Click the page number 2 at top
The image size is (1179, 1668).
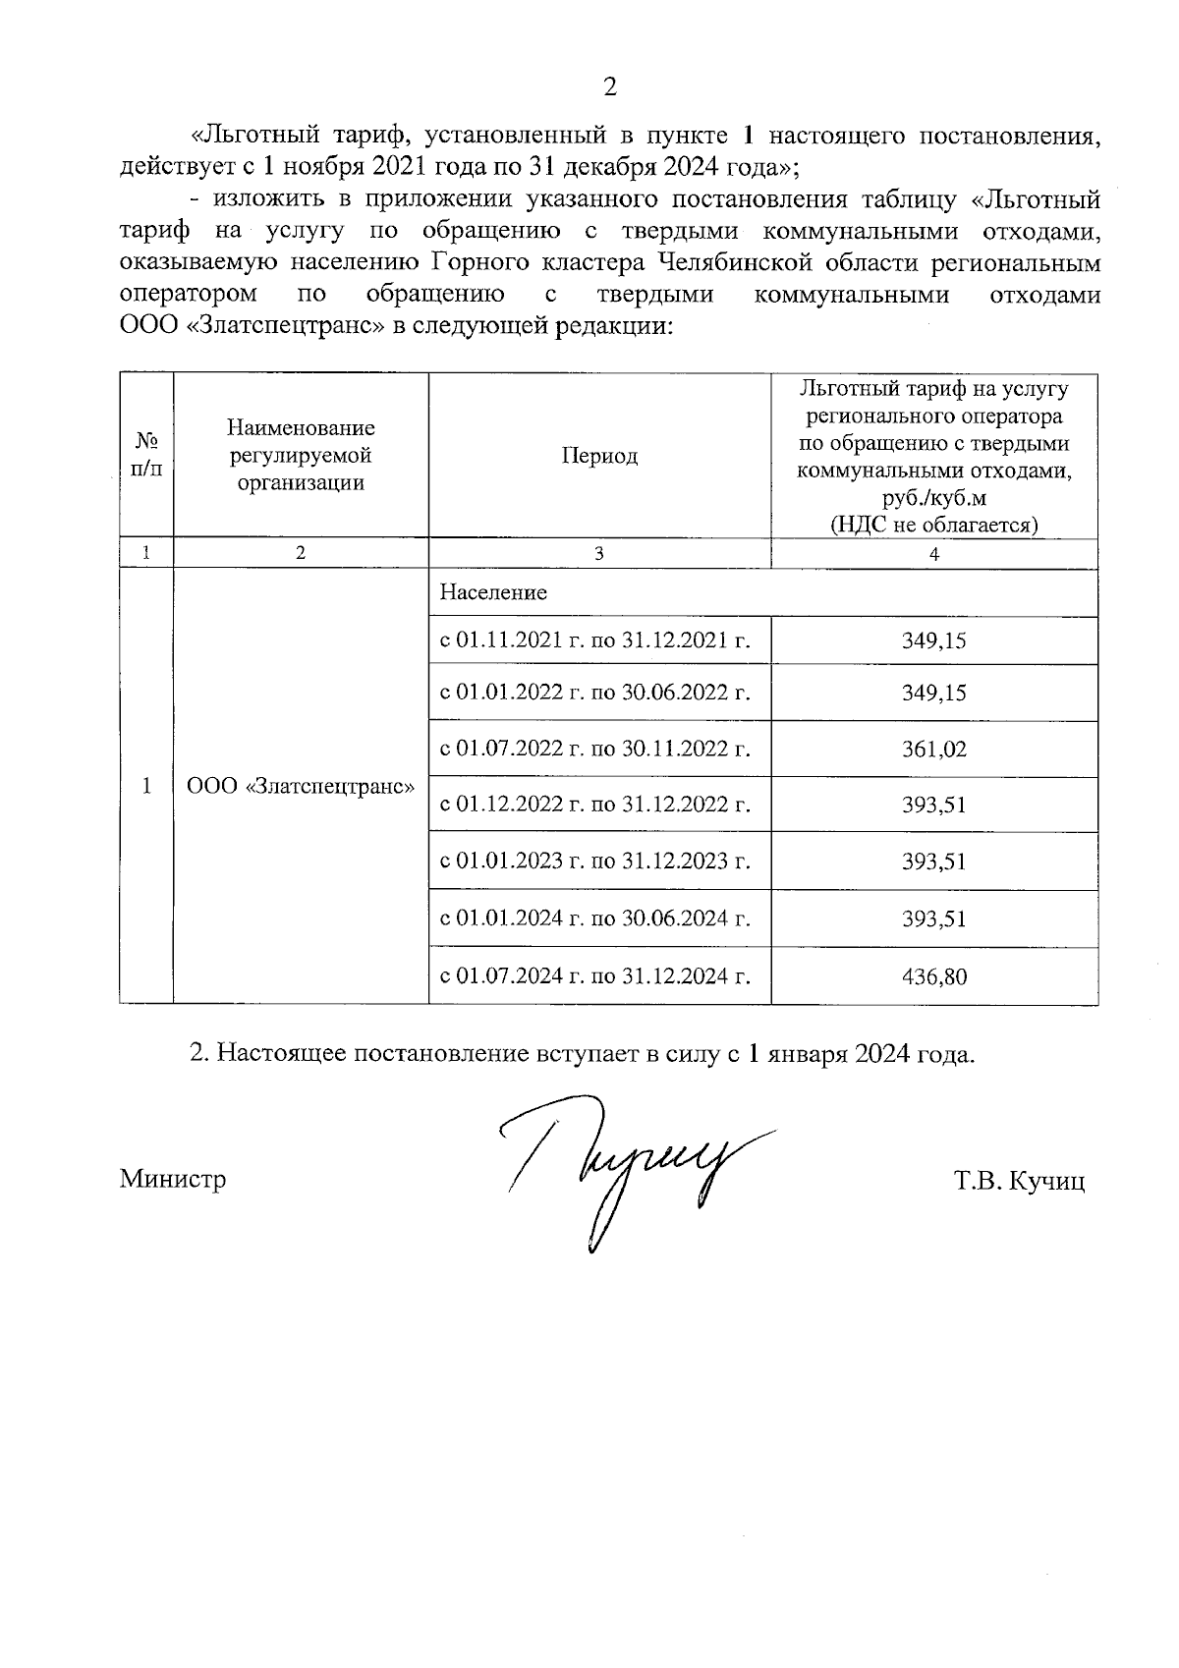(609, 87)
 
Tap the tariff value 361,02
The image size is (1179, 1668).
(934, 750)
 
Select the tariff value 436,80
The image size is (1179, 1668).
(934, 976)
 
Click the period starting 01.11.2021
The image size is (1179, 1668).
(595, 641)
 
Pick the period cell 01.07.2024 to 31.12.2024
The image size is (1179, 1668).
(595, 976)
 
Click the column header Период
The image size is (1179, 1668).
(599, 456)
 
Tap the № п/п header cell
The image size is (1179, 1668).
(146, 456)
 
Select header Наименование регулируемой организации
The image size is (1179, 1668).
(301, 456)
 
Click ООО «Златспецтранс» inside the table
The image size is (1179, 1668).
(301, 787)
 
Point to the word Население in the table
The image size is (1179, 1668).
(493, 592)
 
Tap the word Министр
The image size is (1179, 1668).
(173, 1179)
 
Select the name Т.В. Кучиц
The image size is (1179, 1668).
(1018, 1181)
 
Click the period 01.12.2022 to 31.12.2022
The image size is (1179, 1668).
(595, 806)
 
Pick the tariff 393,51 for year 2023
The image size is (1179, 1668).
(934, 862)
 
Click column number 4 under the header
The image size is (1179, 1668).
(934, 554)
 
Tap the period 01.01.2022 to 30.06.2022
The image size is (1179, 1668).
(595, 694)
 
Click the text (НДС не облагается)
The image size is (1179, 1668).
(934, 524)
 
